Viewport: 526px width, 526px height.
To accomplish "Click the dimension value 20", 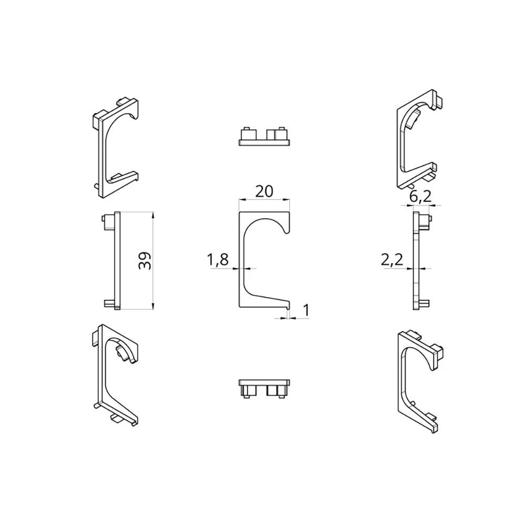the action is pos(264,191).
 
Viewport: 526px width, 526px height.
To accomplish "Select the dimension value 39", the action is pos(145,261).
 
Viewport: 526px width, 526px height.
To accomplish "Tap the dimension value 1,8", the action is pos(217,259).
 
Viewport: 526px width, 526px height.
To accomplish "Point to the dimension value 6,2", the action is pos(420,197).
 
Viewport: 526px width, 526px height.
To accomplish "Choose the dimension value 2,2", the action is pos(392,259).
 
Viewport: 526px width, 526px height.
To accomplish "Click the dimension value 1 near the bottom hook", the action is pos(306,310).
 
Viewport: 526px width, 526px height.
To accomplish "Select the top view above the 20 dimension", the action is pos(265,137).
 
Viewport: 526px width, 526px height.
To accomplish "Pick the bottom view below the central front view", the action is pos(265,389).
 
